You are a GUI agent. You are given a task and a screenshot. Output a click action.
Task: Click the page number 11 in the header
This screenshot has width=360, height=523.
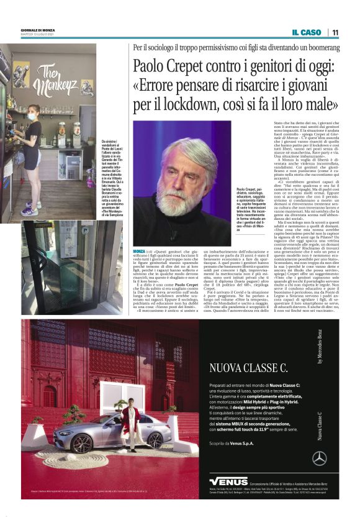(x=335, y=32)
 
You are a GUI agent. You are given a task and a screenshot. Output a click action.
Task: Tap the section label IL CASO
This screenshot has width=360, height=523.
(x=307, y=32)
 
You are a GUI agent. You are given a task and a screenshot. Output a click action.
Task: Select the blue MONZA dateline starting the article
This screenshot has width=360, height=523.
(x=140, y=250)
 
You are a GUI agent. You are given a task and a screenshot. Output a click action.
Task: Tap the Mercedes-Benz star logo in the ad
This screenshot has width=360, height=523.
(x=320, y=458)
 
